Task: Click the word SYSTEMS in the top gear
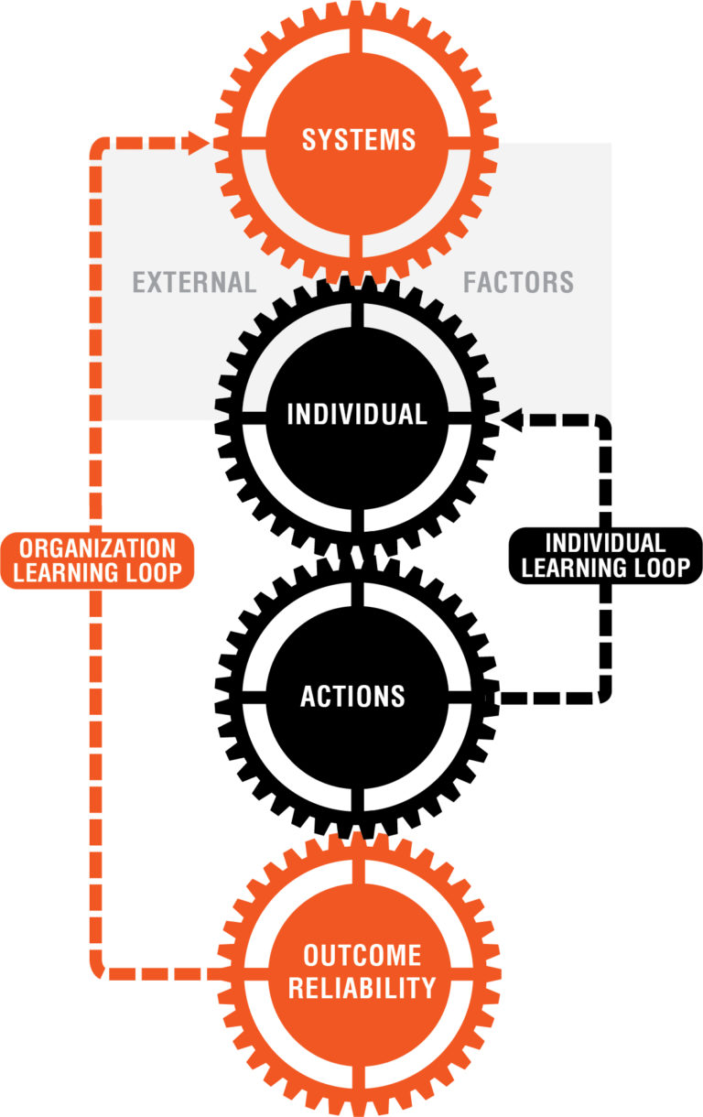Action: pos(358,140)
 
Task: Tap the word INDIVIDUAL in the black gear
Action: pos(357,415)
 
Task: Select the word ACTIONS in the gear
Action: pos(352,697)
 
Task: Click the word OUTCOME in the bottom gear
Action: pos(362,956)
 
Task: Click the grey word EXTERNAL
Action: pos(194,282)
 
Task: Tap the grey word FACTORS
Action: pos(518,282)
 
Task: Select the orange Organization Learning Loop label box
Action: pos(97,560)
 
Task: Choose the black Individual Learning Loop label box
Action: pos(605,555)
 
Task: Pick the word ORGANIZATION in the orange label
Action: pos(97,548)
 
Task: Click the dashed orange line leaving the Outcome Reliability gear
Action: pos(165,972)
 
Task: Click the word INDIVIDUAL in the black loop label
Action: pos(605,542)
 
